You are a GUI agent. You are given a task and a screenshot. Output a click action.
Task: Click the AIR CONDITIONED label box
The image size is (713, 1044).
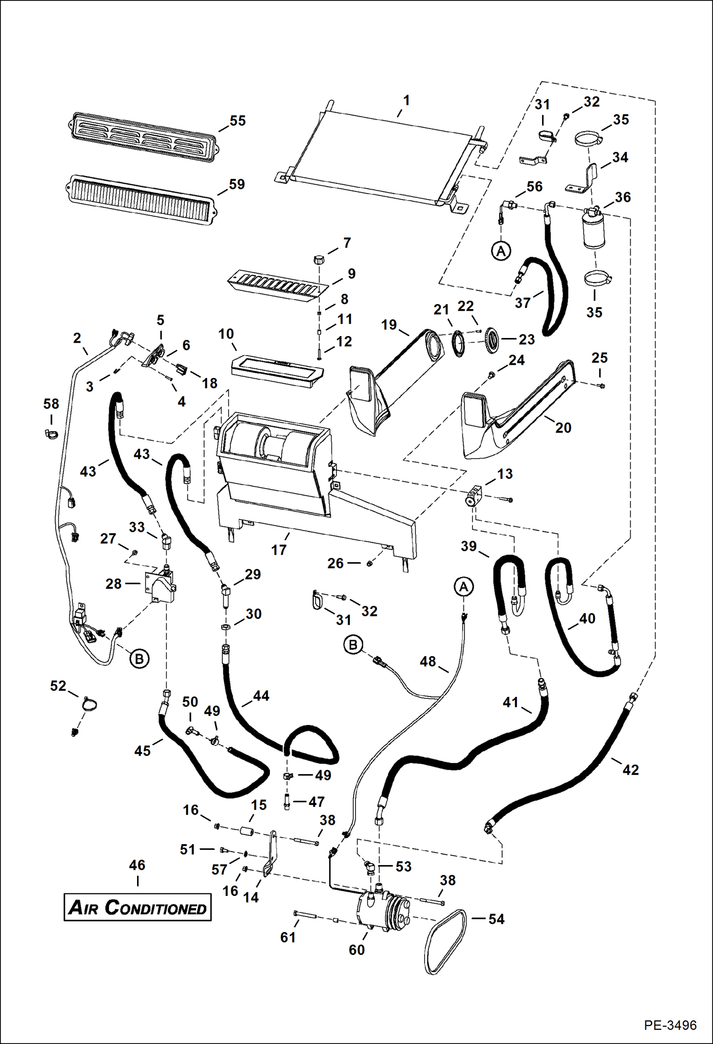(138, 907)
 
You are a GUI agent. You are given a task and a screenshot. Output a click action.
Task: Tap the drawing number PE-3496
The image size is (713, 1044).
(670, 1025)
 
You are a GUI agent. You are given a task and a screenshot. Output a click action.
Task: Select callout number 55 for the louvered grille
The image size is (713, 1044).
(238, 121)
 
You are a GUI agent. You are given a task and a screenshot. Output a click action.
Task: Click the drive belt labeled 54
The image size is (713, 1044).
(445, 942)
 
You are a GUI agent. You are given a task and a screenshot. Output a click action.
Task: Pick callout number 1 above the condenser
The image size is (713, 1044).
(406, 100)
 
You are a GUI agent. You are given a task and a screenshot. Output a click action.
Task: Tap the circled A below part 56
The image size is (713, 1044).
(501, 250)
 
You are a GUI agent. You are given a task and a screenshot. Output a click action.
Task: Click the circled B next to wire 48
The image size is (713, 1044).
(353, 645)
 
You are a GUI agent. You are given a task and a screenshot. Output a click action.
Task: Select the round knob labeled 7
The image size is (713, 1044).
(319, 260)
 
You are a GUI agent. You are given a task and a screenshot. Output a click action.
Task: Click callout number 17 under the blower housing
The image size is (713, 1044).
(279, 550)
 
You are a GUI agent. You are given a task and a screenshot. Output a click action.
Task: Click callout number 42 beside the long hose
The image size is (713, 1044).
(631, 769)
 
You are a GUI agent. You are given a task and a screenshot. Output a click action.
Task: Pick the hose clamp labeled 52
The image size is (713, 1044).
(88, 704)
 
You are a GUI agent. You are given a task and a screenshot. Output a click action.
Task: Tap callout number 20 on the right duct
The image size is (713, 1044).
(563, 428)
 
